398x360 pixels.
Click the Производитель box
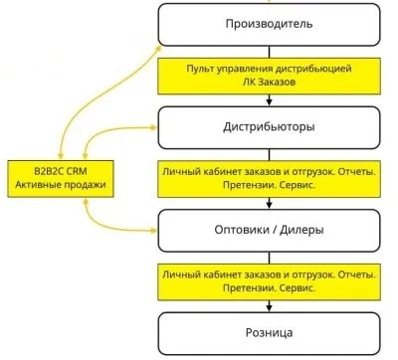point(270,24)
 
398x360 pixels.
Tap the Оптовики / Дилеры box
point(270,229)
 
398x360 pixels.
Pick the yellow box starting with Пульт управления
point(270,75)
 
